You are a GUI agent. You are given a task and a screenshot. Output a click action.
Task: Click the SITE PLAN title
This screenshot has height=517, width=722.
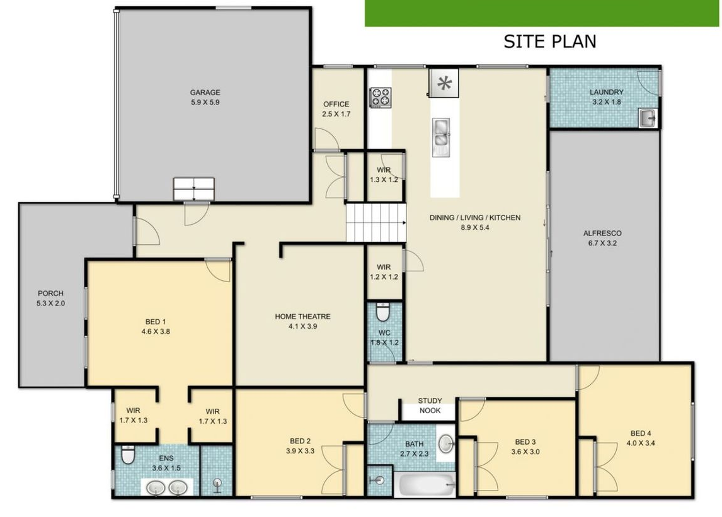point(550,42)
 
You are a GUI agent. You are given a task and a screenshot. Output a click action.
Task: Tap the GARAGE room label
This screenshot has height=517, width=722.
point(205,93)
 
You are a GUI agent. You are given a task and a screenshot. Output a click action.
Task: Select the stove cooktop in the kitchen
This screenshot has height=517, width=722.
point(381,98)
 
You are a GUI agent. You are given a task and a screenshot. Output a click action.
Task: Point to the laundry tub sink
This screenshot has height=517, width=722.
point(648,118)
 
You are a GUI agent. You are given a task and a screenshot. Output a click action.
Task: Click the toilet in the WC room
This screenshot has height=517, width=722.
point(382,312)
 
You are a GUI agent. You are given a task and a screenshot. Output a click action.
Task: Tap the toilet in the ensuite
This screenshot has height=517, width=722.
point(127,455)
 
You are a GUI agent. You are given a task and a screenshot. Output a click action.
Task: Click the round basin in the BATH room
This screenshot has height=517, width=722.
point(445,443)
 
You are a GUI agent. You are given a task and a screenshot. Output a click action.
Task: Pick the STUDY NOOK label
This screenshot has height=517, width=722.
point(430,406)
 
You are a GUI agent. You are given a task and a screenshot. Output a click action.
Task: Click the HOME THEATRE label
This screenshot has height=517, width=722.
point(302,316)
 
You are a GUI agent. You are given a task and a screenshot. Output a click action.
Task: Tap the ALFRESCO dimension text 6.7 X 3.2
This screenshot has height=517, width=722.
point(602,243)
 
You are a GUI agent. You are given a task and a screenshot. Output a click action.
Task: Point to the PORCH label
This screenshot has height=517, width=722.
point(50,293)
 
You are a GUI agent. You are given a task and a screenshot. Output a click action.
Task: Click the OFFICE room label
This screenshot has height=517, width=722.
point(336,104)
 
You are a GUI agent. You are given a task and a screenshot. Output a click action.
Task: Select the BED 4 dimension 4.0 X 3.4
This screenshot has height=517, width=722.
point(641,443)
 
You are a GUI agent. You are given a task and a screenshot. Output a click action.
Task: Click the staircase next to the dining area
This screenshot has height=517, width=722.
point(376,222)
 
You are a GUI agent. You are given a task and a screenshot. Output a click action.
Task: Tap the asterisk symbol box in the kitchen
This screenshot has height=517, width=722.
point(444,83)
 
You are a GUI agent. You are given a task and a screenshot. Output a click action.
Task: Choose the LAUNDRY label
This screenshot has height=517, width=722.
point(607,92)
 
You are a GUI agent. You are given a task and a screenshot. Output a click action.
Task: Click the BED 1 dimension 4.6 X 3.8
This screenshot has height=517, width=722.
point(156,331)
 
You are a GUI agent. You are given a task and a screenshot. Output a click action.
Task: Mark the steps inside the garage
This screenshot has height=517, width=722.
point(194,189)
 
